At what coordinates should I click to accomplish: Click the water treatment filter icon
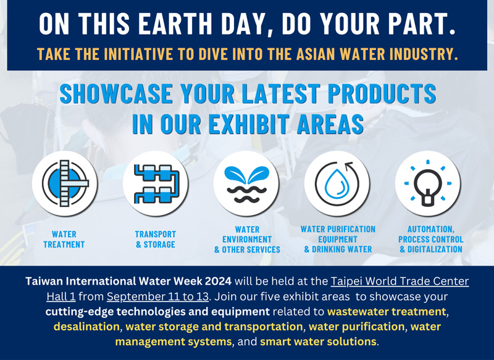[65, 183]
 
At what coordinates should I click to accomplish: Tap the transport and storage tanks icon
[156, 183]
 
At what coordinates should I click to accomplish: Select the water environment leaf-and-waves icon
[246, 183]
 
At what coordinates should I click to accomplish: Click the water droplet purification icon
[337, 183]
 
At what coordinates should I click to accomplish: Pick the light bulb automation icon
[428, 183]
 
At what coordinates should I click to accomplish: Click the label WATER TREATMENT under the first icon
[64, 240]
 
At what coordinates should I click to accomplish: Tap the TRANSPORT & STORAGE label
[156, 240]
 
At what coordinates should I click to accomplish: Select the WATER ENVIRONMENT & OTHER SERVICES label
[247, 240]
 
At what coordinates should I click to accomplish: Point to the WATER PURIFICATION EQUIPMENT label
[338, 234]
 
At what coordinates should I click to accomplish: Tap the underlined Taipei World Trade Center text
[400, 281]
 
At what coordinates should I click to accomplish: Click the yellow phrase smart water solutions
[318, 341]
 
